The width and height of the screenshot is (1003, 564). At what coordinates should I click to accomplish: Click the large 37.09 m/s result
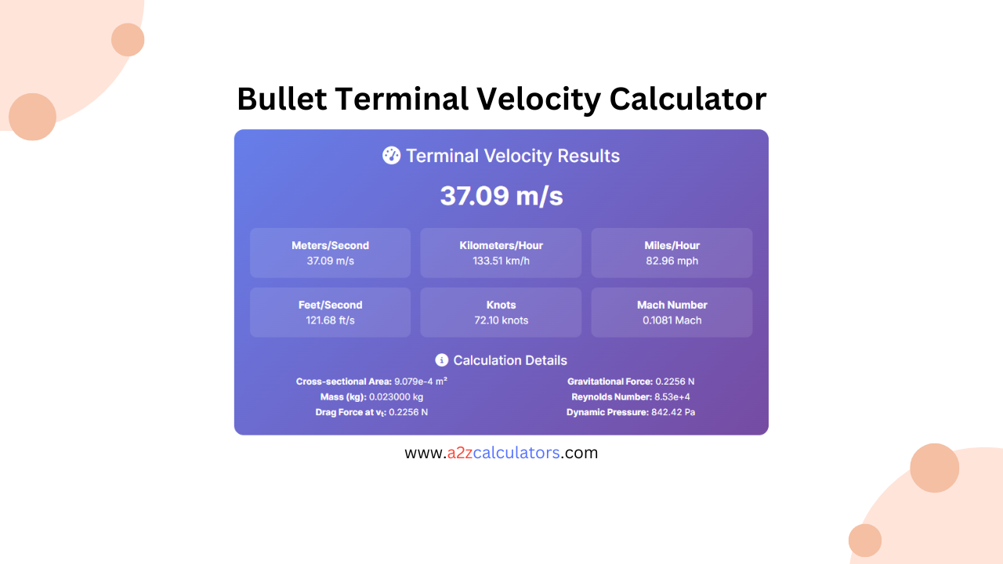click(501, 196)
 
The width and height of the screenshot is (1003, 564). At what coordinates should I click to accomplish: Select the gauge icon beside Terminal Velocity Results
click(391, 155)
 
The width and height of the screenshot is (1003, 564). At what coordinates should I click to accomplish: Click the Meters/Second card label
click(330, 245)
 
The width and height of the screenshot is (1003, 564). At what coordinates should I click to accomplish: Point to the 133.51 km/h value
click(501, 261)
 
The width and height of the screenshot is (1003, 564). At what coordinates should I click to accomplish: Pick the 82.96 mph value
click(672, 261)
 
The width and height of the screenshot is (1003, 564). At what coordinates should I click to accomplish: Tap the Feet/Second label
click(330, 305)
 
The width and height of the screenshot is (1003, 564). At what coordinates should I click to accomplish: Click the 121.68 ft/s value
click(330, 320)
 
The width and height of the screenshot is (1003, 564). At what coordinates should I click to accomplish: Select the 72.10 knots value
click(501, 320)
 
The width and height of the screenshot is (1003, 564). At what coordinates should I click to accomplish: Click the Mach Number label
click(672, 305)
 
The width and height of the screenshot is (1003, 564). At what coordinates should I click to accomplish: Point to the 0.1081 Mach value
click(672, 320)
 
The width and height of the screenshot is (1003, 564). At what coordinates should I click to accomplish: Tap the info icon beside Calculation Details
click(442, 360)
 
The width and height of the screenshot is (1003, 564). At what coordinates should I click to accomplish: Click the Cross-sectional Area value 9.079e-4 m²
click(421, 381)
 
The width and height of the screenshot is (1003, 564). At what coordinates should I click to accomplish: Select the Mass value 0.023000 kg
click(396, 397)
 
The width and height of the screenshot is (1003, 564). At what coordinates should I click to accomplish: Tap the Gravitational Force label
click(610, 381)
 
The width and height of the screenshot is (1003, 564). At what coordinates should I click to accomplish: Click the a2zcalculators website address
click(501, 453)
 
